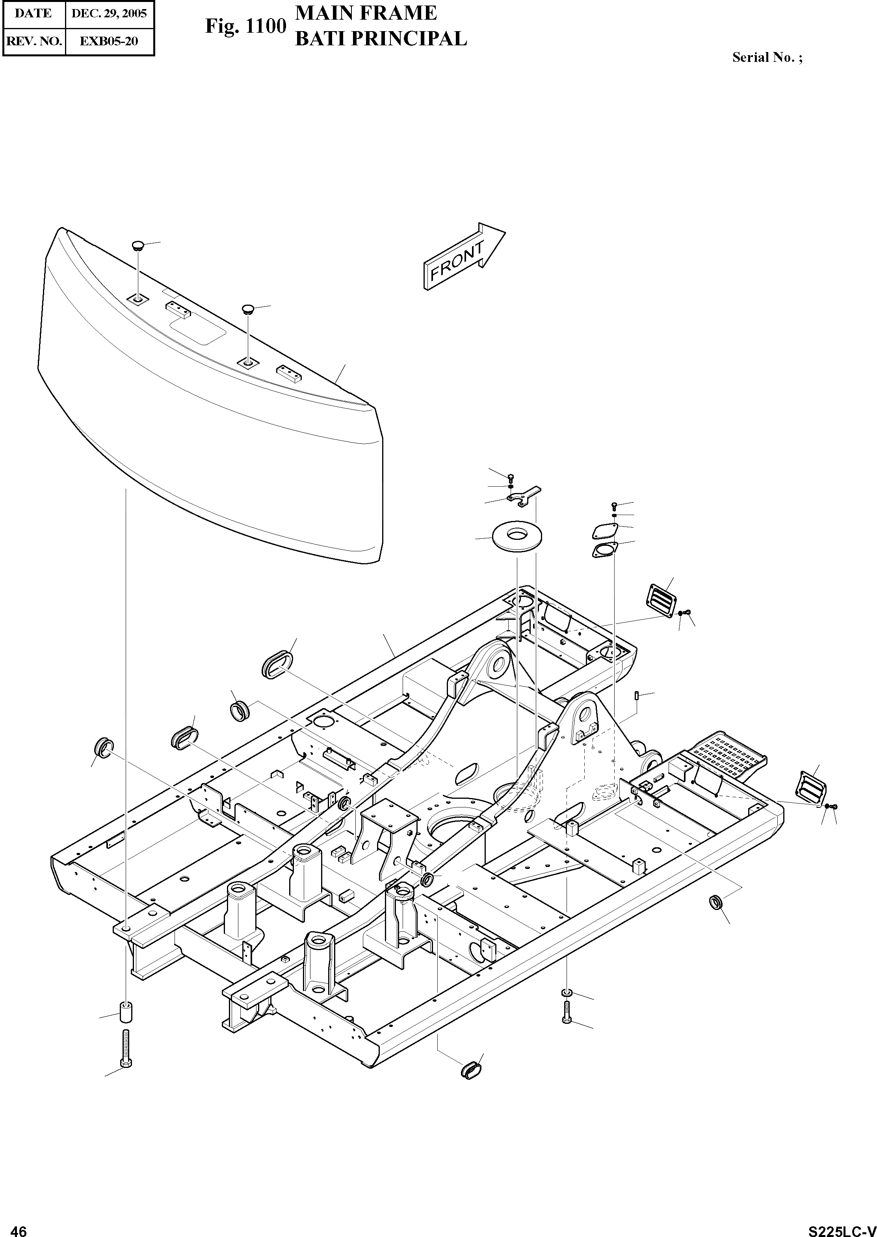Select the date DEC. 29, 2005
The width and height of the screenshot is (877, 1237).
coord(109,13)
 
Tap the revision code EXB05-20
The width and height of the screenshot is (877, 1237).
coord(109,41)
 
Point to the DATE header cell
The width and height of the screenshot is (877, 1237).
coord(33,13)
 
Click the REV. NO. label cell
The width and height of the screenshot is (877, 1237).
coord(33,41)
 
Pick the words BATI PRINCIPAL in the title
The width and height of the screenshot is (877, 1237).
coord(381,39)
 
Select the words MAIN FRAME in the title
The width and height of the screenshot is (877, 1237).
coord(366,13)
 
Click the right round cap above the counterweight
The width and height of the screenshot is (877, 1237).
coord(248,309)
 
